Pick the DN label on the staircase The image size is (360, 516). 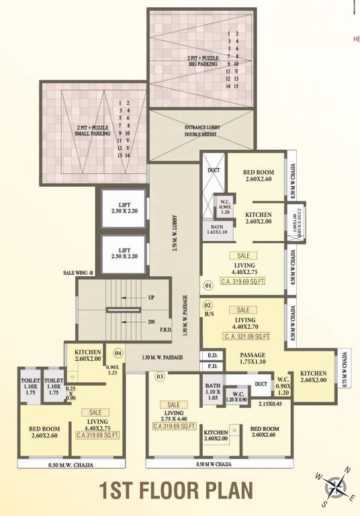pos(151,322)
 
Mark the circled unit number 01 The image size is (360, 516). pos(208,286)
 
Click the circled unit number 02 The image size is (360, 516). pos(208,304)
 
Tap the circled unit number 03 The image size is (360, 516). pos(160,377)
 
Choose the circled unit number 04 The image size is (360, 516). pos(118,352)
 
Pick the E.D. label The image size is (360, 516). pos(212,355)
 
